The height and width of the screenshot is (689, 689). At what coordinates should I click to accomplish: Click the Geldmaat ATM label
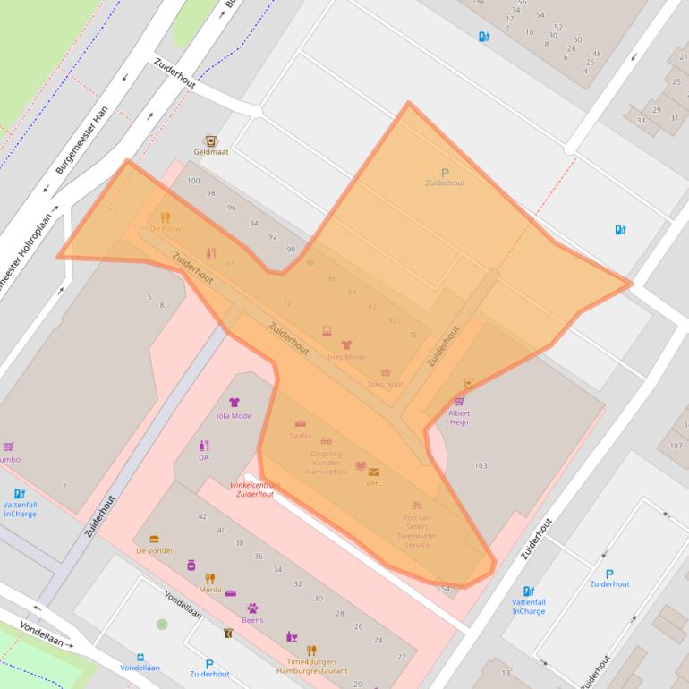tap(210, 152)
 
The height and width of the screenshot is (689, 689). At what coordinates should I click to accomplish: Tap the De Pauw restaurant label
tap(166, 229)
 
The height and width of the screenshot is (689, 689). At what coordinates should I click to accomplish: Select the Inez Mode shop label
tap(346, 356)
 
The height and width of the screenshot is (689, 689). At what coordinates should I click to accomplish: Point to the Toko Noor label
tap(386, 384)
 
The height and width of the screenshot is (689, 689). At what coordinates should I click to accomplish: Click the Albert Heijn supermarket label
tap(458, 417)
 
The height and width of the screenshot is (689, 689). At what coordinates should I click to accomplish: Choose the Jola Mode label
tap(234, 415)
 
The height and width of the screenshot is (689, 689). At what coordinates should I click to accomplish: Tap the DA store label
tap(203, 457)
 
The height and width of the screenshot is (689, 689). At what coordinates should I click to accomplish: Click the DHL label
tap(373, 482)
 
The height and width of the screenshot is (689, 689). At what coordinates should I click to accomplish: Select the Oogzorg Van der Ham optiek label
tap(325, 462)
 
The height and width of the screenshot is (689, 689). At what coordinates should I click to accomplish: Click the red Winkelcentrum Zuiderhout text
tap(254, 489)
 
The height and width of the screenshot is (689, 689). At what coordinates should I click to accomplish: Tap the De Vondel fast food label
tap(154, 550)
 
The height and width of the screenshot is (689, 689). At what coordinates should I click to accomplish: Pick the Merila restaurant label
tap(209, 590)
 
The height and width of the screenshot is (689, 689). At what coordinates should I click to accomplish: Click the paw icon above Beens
tap(252, 608)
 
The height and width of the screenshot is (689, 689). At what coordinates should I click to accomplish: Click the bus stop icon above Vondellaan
tap(140, 657)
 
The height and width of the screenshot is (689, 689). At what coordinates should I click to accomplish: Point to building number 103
tap(481, 465)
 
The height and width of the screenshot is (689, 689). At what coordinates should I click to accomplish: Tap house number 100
tap(193, 181)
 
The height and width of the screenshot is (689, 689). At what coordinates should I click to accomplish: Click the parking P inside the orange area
tap(445, 173)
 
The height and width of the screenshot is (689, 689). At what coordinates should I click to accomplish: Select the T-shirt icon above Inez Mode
tap(346, 344)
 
